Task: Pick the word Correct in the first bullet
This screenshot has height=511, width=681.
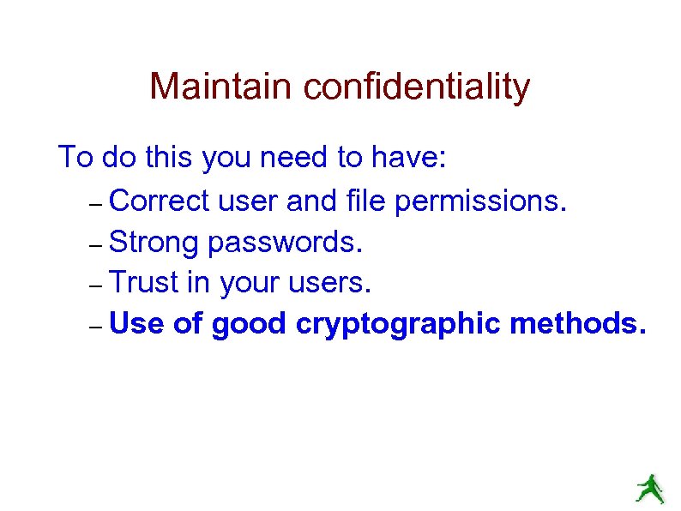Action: (160, 201)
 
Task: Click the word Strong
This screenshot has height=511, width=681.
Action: (155, 242)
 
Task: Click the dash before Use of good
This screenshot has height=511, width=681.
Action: (95, 328)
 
